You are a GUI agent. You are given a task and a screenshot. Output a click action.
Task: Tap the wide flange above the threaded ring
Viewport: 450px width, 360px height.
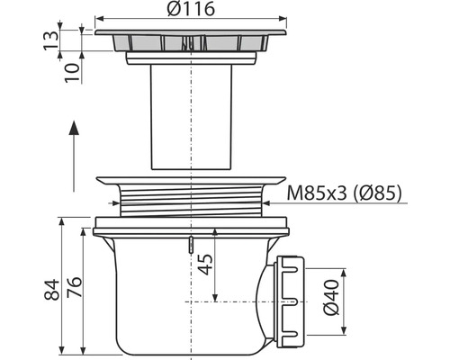(x=190, y=179)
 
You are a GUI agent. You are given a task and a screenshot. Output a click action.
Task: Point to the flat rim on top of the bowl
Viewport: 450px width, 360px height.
(x=190, y=224)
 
